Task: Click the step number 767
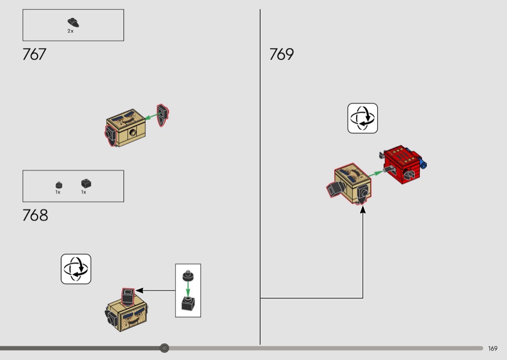(x=34, y=55)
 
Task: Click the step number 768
(x=35, y=215)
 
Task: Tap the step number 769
(x=282, y=55)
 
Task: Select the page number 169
(x=493, y=348)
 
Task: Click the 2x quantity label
(x=70, y=31)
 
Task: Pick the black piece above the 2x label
(x=73, y=22)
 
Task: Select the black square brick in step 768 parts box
(x=86, y=183)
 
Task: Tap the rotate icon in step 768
(x=76, y=269)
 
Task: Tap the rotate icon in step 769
(x=363, y=118)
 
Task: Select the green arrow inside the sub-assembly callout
(x=188, y=289)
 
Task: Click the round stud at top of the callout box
(x=188, y=276)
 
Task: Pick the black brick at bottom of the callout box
(x=188, y=304)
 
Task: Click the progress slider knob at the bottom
(x=165, y=348)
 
